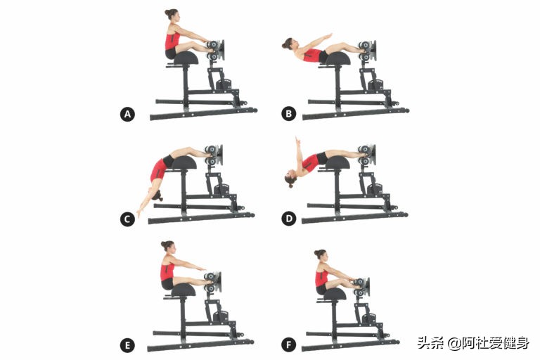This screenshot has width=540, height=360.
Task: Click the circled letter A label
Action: [x=127, y=114]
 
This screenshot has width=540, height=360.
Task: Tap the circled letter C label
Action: [x=127, y=219]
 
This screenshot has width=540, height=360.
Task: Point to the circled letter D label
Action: [x=288, y=219]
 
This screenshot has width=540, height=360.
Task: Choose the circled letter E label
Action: [x=127, y=345]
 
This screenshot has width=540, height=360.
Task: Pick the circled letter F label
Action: [x=288, y=345]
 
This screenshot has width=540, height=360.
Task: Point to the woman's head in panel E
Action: [x=167, y=247]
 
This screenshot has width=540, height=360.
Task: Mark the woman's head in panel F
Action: [x=321, y=255]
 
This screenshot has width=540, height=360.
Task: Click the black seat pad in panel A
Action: [x=186, y=58]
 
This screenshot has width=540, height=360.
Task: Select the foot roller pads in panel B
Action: [x=365, y=50]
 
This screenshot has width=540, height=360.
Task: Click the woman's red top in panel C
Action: [x=159, y=169]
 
